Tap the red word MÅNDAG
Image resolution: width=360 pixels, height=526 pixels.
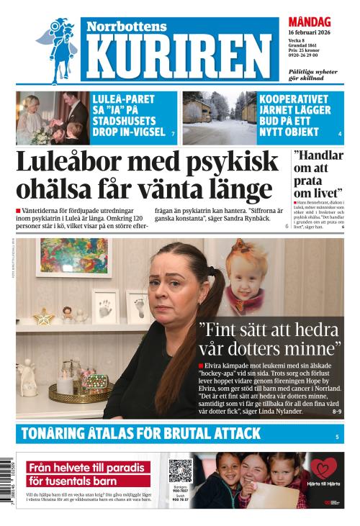(310, 22)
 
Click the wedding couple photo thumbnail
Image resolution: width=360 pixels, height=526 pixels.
(53, 118)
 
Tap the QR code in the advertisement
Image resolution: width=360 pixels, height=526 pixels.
(180, 471)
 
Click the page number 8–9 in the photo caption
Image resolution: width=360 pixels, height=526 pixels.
(337, 412)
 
